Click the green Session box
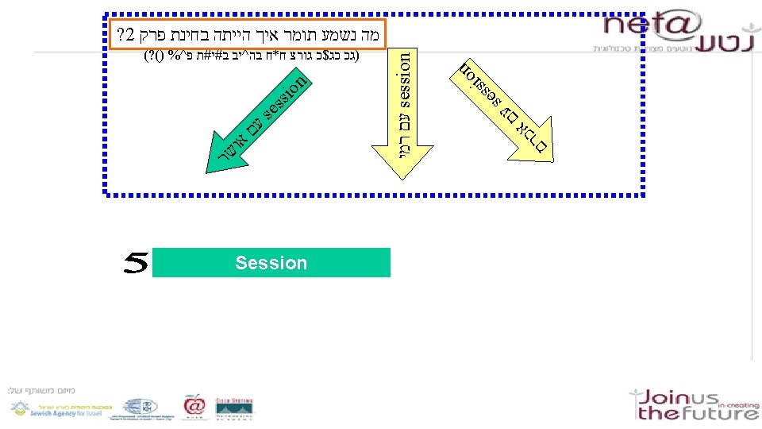[x=271, y=263]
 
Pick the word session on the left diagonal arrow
[x=284, y=102]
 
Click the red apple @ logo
[x=194, y=406]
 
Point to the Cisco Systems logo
[x=235, y=407]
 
